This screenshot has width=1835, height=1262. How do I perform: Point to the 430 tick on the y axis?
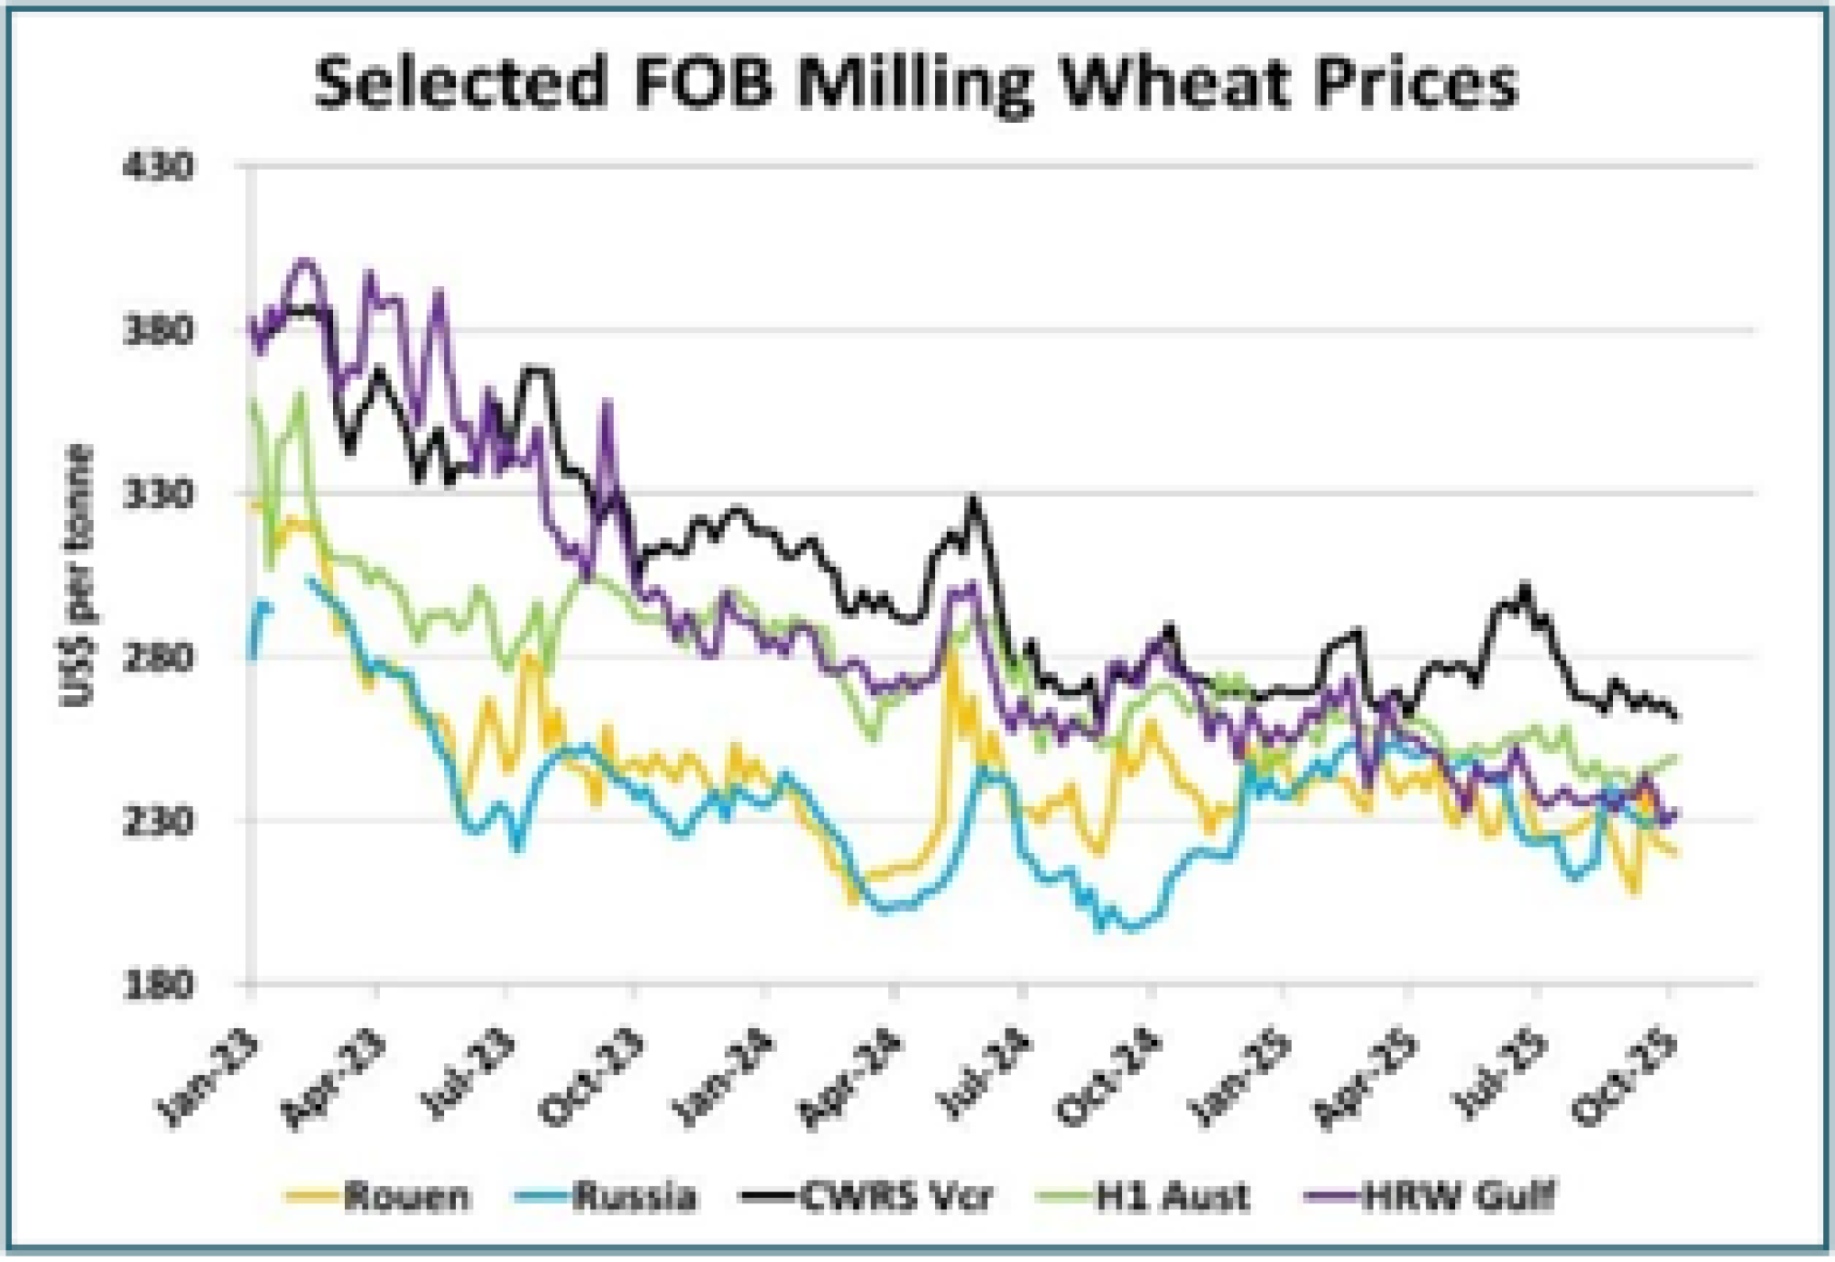[160, 167]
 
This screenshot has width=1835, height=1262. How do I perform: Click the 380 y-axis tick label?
[160, 330]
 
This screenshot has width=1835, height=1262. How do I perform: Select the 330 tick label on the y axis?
[160, 494]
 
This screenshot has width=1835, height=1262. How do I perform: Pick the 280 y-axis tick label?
[160, 658]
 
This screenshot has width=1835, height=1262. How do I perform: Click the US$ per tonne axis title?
[77, 576]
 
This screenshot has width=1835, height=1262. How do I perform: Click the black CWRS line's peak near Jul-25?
[1525, 584]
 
